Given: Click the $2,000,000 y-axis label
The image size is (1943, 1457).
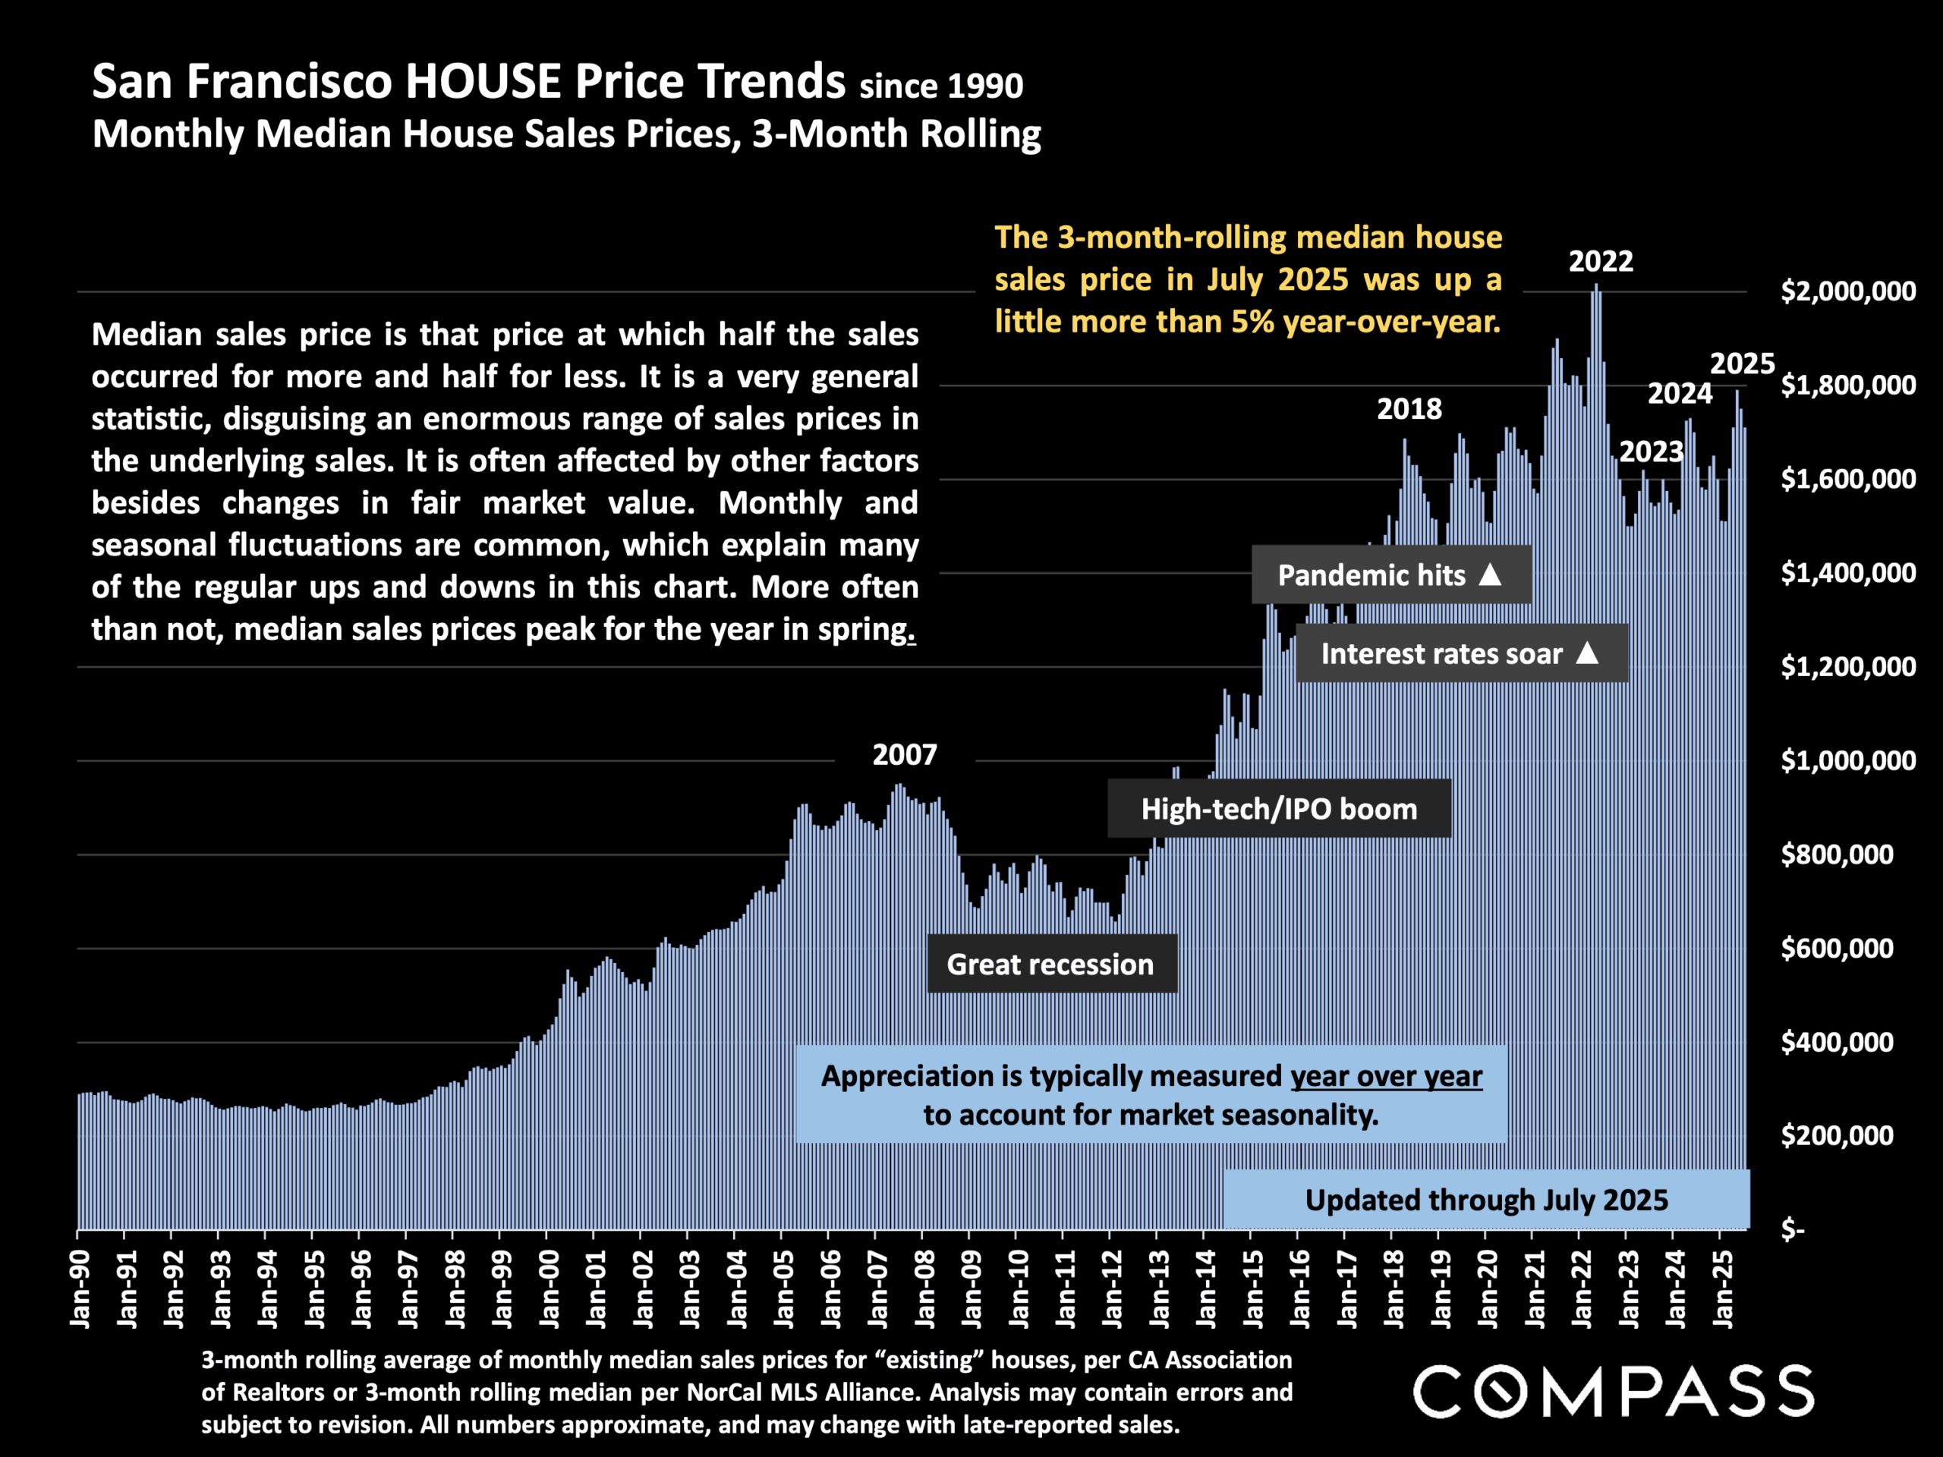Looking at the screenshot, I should click(1847, 291).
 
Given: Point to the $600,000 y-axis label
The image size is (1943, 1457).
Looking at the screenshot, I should click(1837, 949).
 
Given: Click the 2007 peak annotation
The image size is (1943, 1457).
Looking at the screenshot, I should click(904, 754).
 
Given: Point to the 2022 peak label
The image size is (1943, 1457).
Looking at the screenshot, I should click(1601, 261).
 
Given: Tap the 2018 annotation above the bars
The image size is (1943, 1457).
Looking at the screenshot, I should click(1409, 408).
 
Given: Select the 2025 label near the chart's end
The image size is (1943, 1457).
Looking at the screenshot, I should click(1742, 363).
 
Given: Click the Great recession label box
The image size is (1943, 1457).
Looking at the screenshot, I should click(1050, 965).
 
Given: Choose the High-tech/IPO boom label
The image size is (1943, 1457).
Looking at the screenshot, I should click(1278, 809).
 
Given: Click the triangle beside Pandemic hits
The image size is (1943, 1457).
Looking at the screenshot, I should click(1490, 574).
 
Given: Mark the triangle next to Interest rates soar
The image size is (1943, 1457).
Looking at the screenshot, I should click(1587, 653).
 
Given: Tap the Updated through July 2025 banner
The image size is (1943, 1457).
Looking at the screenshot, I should click(1486, 1200).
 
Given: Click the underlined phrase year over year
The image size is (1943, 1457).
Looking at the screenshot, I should click(1386, 1076).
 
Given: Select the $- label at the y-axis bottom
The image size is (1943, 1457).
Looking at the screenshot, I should click(1792, 1229).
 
